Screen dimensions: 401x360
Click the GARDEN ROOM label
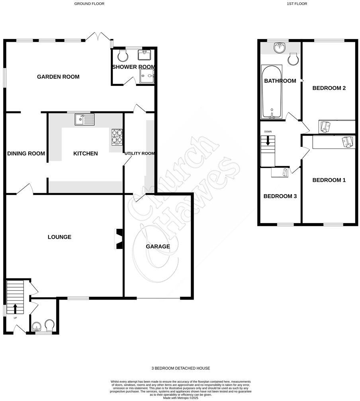pyautogui.click(x=58, y=77)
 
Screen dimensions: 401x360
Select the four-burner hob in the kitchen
pyautogui.click(x=117, y=137)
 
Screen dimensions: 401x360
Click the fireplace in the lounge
pyautogui.click(x=119, y=239)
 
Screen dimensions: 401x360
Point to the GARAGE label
pyautogui.click(x=158, y=247)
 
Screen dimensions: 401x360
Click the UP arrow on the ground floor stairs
pyautogui.click(x=15, y=308)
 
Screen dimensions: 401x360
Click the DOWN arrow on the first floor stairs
pyautogui.click(x=268, y=140)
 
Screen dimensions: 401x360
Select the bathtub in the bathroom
pyautogui.click(x=272, y=91)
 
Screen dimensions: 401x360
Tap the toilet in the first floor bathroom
pyautogui.click(x=293, y=60)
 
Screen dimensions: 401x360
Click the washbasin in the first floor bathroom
pyautogui.click(x=280, y=48)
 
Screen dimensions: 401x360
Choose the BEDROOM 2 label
pyautogui.click(x=329, y=88)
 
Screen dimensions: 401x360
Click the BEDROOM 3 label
pyautogui.click(x=280, y=196)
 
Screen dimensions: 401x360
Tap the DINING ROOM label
pyautogui.click(x=26, y=154)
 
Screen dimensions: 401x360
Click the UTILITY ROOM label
pyautogui.click(x=139, y=154)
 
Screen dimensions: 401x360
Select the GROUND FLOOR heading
pyautogui.click(x=89, y=4)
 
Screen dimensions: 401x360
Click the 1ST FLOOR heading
pyautogui.click(x=297, y=4)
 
